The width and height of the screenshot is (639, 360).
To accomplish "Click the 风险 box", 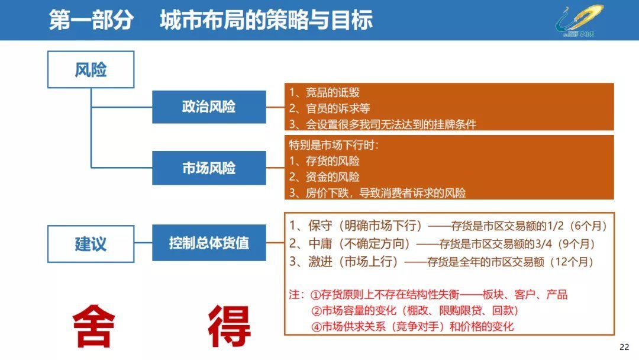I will tap(91, 70).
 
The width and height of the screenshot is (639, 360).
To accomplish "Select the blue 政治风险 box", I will tap(208, 107).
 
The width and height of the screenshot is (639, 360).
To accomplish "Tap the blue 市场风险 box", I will tap(208, 168).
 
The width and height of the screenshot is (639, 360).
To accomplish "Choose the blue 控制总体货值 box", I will tap(208, 243).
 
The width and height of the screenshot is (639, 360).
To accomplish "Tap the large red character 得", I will tap(229, 326).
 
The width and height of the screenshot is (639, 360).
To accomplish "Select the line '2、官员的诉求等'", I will tap(332, 108).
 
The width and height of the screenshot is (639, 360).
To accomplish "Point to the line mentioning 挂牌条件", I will tap(382, 124).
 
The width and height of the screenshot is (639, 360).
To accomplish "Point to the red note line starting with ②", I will tap(418, 310).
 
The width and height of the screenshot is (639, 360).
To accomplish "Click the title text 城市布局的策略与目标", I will tap(266, 20).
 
